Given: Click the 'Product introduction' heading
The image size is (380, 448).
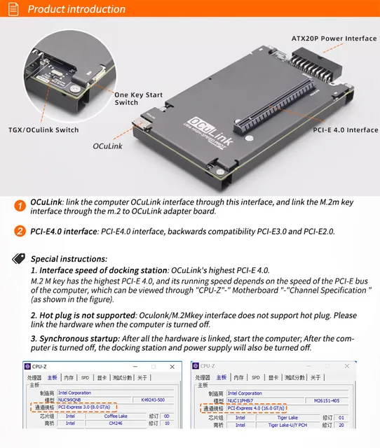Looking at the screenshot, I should click(x=76, y=9).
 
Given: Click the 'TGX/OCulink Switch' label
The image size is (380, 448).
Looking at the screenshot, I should click(x=43, y=129).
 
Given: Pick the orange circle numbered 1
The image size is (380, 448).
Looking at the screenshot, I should click(x=20, y=206).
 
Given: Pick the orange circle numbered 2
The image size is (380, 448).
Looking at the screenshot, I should click(x=20, y=232).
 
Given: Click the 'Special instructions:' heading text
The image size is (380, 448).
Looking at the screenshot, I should click(x=69, y=258).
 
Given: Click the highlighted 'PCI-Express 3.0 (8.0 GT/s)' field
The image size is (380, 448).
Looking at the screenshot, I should click(x=87, y=406).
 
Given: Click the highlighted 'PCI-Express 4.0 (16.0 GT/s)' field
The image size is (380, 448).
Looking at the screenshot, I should click(x=259, y=407).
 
